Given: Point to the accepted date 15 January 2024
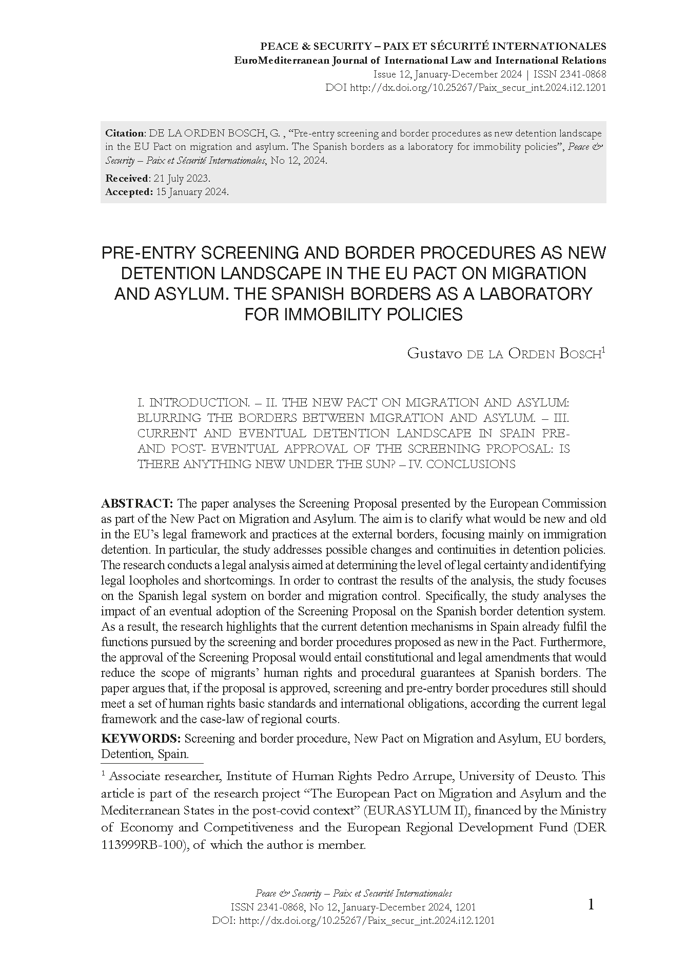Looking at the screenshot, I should [192, 192].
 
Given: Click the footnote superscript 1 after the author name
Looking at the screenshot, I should [604, 350].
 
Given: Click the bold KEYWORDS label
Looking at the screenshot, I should [141, 739].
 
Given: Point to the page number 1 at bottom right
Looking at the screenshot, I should [591, 904].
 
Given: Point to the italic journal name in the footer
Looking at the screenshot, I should [354, 894].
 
